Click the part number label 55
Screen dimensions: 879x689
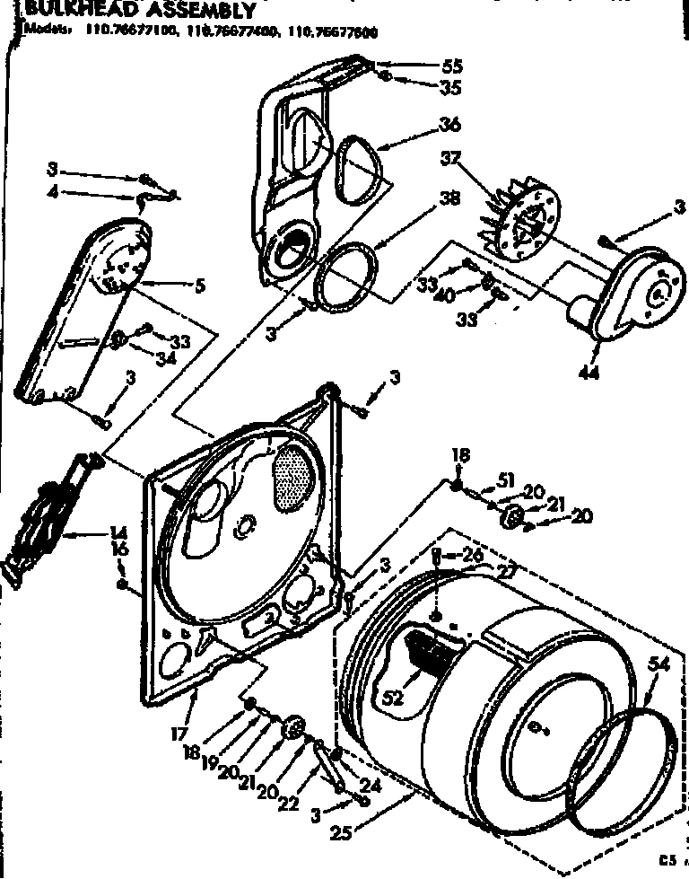[x=452, y=66]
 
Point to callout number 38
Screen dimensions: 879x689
[x=452, y=203]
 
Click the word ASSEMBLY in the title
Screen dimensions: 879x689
[x=189, y=11]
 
